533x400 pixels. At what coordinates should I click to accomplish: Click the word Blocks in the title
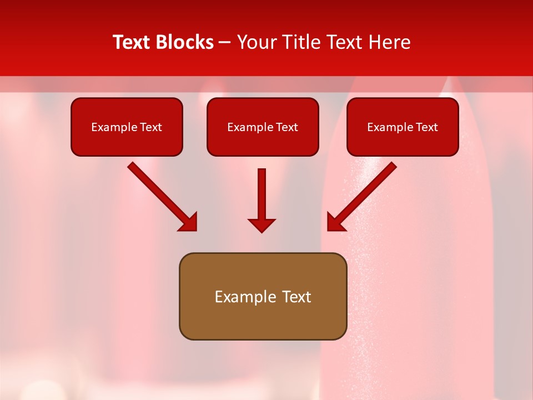(186, 42)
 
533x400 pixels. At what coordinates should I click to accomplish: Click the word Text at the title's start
(134, 42)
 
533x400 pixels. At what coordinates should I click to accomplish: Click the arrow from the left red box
(158, 193)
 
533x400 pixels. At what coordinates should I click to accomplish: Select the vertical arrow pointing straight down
(262, 194)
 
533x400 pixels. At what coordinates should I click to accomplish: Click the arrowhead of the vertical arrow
(262, 225)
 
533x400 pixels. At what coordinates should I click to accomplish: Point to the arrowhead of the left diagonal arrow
(189, 222)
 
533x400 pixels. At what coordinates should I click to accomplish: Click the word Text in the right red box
(426, 127)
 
